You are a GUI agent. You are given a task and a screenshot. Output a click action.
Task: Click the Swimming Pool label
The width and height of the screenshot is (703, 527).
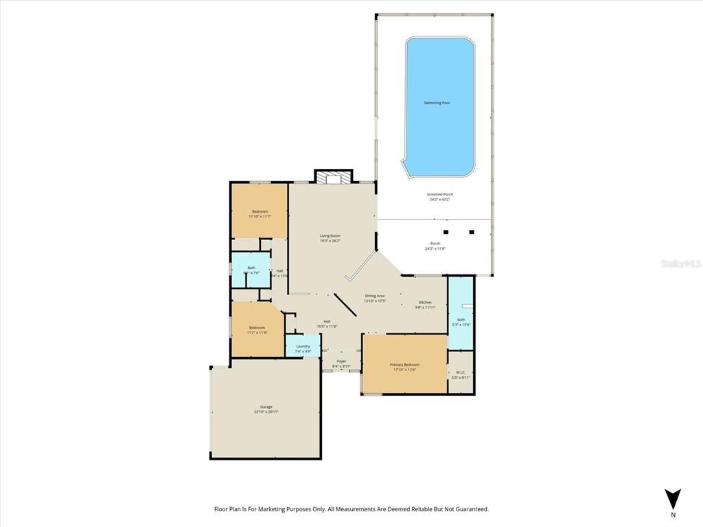point(437,103)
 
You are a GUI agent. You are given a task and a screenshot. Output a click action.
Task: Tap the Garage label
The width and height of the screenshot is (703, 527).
point(266,407)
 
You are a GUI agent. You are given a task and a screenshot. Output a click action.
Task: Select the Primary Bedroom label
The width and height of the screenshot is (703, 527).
point(404,364)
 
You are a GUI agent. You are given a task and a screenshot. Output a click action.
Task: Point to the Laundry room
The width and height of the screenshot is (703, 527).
point(303,347)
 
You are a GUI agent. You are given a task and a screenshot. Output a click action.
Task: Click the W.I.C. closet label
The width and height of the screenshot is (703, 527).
point(460,373)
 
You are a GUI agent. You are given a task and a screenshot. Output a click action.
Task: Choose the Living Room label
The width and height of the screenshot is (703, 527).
point(330,235)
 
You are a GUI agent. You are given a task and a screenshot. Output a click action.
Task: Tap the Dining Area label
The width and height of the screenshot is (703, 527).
point(375,296)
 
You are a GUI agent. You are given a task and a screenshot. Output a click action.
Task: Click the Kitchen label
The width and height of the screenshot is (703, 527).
point(426,302)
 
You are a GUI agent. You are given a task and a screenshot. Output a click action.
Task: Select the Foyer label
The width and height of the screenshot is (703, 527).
point(341,361)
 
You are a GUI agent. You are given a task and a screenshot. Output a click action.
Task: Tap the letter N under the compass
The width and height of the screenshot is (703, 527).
point(673,515)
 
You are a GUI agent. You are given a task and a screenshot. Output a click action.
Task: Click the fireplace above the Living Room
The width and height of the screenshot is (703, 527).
point(333,177)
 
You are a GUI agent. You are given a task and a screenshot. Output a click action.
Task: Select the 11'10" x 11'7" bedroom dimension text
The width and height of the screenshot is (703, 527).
point(260,217)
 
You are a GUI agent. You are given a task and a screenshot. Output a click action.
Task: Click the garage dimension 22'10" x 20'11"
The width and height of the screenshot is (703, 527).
point(266,412)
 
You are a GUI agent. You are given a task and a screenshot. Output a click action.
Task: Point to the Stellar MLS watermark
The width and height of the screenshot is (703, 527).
point(680,263)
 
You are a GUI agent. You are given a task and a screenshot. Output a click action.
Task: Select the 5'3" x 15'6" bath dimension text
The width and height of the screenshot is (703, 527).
point(461,325)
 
